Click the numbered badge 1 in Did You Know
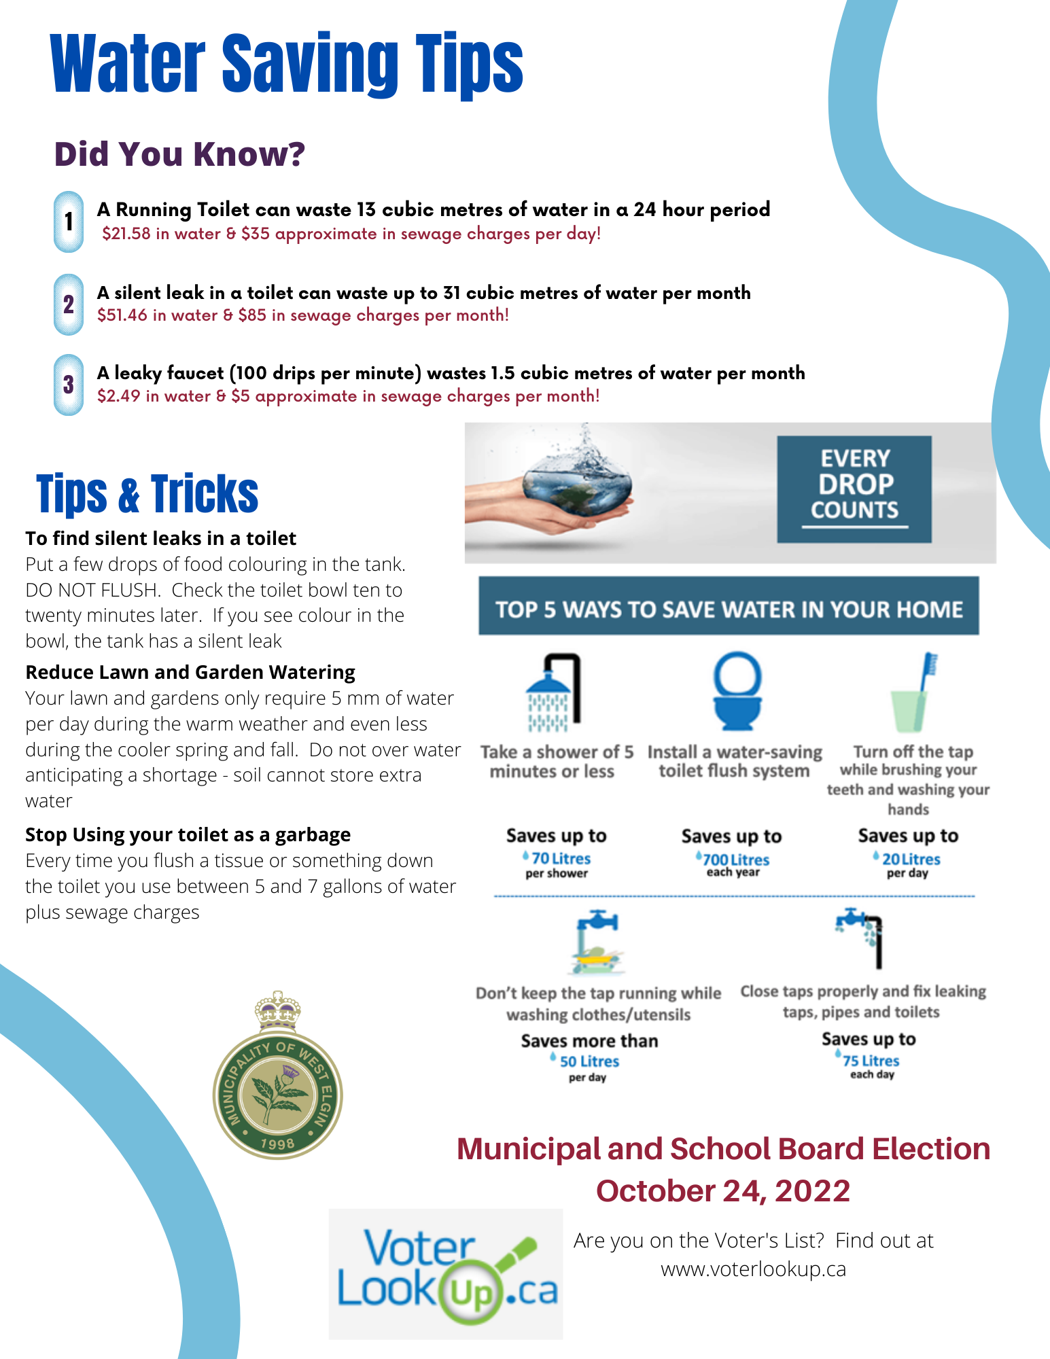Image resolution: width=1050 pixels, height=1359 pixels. point(69,222)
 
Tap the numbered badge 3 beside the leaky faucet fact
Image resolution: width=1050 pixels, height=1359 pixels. point(69,385)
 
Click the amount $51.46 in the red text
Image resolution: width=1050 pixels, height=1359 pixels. point(122,315)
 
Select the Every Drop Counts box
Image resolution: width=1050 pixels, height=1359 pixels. point(854,489)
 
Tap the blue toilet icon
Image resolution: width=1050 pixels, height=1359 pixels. point(737,690)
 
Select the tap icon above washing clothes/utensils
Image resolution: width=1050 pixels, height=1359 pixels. point(597,940)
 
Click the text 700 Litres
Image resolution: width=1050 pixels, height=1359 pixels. point(736,860)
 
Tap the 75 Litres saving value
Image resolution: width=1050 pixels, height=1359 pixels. point(871,1061)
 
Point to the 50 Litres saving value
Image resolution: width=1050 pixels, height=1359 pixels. point(589,1061)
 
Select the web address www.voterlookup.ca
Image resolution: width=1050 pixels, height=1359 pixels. point(753,1269)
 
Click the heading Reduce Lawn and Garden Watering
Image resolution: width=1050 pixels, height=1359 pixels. point(190,672)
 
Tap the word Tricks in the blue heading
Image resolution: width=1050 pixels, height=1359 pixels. point(205,494)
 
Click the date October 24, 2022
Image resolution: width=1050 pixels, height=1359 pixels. point(723,1191)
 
